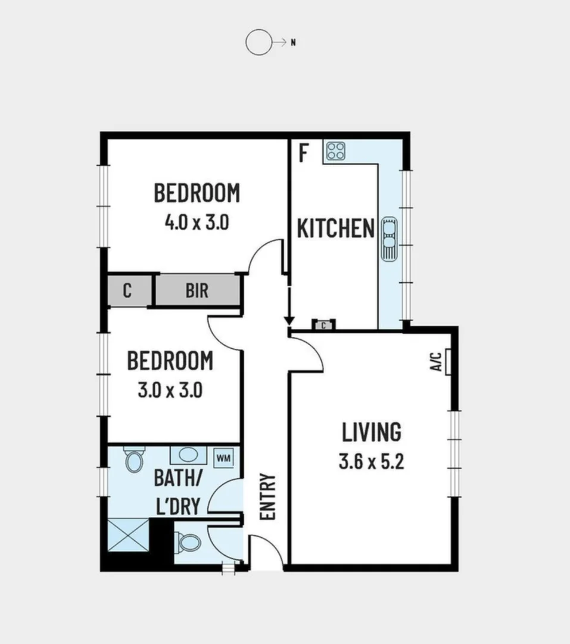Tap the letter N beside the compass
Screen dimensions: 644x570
tap(293, 42)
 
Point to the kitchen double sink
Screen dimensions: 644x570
tap(389, 238)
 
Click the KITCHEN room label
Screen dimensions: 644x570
tap(335, 228)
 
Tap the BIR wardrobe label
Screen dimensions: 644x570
tap(197, 291)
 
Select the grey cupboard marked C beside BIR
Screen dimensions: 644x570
tap(127, 291)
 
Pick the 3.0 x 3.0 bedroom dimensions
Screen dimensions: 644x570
tap(170, 391)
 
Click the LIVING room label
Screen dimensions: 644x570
tap(371, 432)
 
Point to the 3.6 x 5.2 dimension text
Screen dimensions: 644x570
tap(371, 462)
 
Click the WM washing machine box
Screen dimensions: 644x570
tap(224, 458)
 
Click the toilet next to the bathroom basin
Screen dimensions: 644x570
tap(134, 460)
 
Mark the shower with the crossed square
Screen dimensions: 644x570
tap(127, 536)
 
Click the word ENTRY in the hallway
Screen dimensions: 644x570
tap(268, 497)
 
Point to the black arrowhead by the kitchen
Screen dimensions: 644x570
tap(289, 321)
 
